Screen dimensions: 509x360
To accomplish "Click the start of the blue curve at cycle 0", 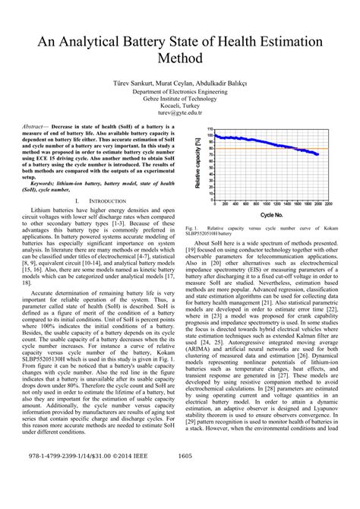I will click(215, 136).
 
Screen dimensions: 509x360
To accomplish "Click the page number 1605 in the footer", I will click(185, 478).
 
